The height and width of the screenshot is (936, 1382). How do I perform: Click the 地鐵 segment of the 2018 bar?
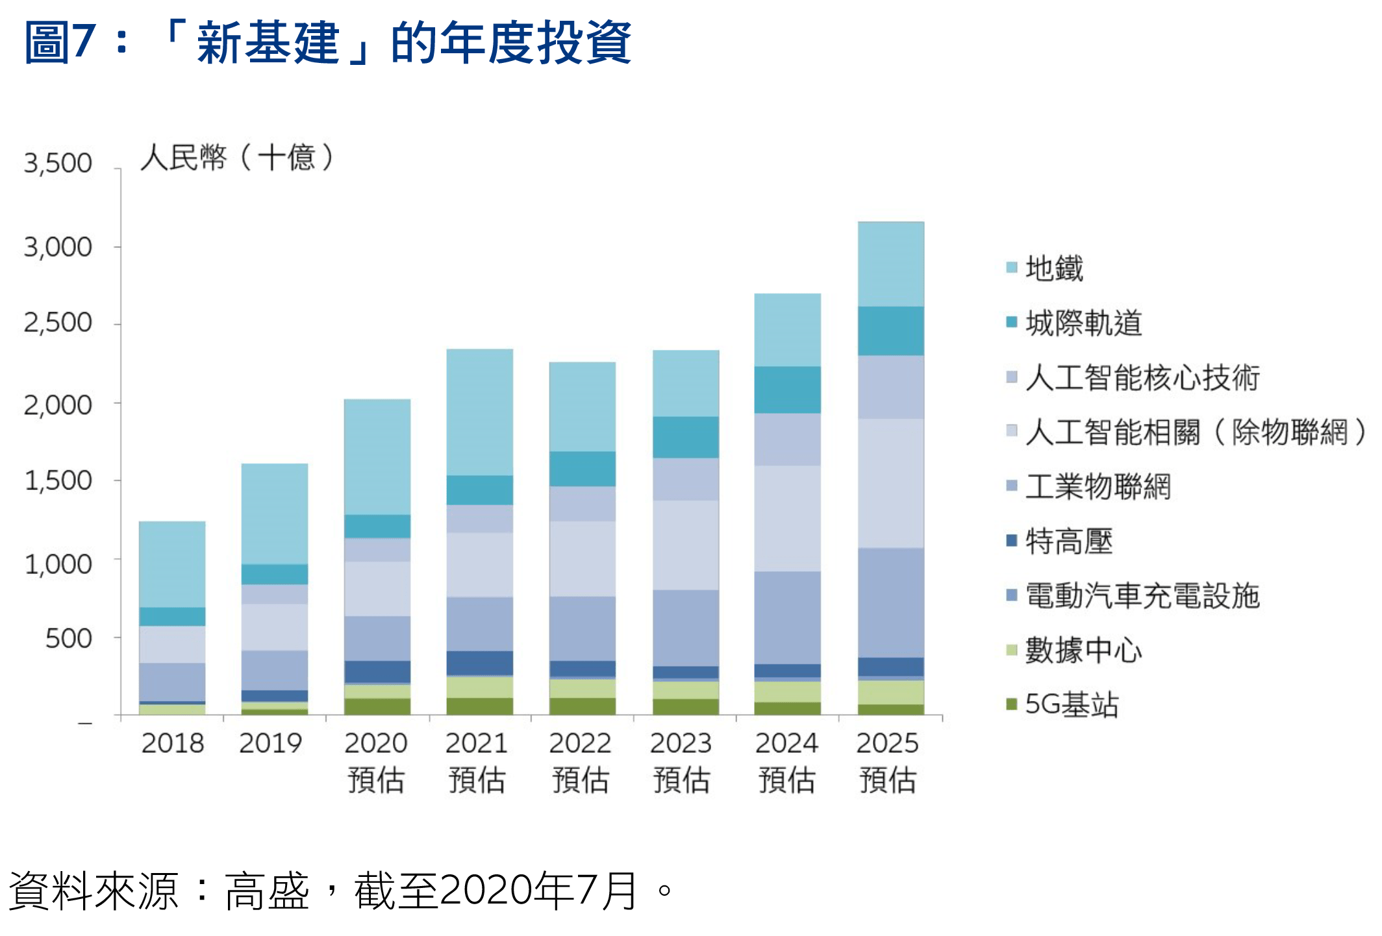coord(172,564)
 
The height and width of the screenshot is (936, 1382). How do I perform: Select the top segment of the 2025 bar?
coord(890,264)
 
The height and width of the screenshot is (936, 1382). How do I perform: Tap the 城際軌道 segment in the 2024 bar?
coord(787,389)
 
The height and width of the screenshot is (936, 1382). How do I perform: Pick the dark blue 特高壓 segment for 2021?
coord(479,663)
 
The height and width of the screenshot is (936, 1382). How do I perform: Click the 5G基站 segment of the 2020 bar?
coord(377,706)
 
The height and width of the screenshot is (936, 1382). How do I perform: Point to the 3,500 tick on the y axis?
coord(58,163)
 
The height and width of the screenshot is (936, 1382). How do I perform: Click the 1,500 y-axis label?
coord(58,481)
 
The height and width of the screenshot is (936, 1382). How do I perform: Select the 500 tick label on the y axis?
coord(68,639)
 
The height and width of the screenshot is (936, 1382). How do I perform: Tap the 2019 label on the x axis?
coord(270,743)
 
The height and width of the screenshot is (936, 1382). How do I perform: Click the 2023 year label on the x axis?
coord(681,743)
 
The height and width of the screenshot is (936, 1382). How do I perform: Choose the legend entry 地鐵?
coord(1054,268)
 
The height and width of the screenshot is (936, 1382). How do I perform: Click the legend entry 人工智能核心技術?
coord(1142,378)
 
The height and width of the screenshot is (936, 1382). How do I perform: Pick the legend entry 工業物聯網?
coord(1098,487)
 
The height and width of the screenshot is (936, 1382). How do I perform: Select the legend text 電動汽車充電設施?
coord(1142,596)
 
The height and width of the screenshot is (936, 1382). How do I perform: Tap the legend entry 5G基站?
coord(1072,705)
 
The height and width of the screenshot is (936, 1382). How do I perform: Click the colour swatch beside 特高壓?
coord(1011,541)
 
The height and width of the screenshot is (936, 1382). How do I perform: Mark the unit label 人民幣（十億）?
coord(237,158)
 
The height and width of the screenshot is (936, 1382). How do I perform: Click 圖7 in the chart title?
coord(60,42)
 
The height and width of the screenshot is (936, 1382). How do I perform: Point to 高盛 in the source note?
coord(267,891)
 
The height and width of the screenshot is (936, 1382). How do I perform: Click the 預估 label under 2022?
coord(581,780)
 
